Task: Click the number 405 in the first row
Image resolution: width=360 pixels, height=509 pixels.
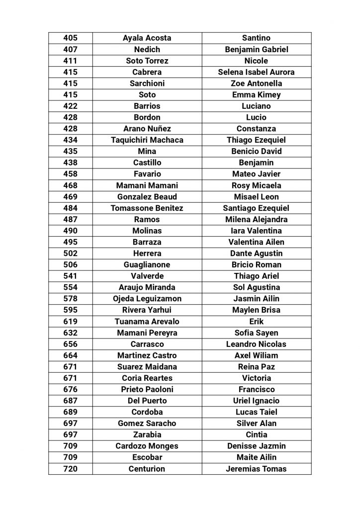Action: [71, 38]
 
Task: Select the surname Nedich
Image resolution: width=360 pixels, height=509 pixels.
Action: [147, 49]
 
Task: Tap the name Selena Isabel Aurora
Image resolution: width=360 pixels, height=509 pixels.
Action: [256, 72]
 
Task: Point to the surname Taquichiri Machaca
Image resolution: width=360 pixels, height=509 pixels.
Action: [147, 140]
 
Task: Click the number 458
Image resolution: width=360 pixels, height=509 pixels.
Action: [71, 174]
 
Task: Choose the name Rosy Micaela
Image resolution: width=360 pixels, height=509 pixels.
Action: [256, 185]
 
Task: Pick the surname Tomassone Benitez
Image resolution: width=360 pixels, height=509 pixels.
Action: [147, 208]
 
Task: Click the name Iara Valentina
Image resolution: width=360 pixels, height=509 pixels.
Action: [256, 231]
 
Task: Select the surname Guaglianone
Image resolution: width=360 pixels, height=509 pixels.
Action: [147, 265]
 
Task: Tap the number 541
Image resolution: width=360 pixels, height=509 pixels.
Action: [71, 276]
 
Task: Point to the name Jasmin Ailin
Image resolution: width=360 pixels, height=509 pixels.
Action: [256, 299]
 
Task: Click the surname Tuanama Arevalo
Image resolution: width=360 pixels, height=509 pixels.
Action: [147, 322]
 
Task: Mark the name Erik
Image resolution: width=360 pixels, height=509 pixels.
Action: [256, 322]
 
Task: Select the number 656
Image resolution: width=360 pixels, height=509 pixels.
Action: [71, 344]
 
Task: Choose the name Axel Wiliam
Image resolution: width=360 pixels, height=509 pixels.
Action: [256, 355]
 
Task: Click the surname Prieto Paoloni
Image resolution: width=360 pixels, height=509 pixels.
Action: [147, 389]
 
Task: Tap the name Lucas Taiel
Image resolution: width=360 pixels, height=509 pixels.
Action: [256, 412]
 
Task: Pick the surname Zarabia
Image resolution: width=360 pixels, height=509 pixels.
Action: [147, 435]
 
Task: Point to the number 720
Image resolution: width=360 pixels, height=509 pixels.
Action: [71, 469]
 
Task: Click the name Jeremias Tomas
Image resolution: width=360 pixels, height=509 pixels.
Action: [256, 469]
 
